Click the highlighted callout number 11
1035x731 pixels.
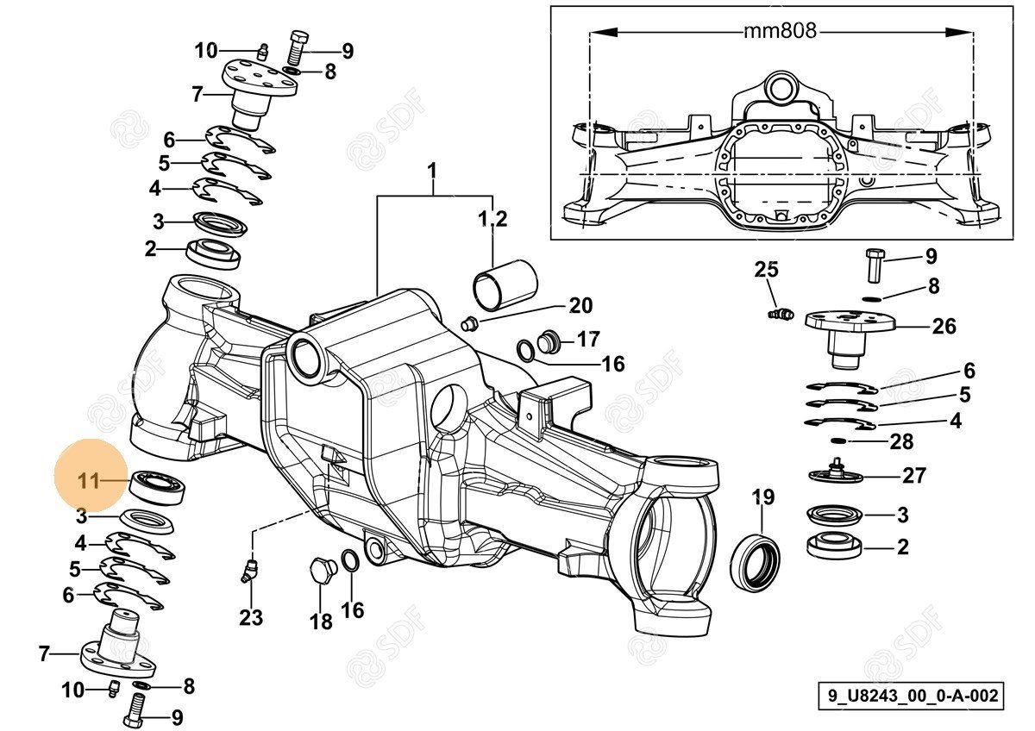(89, 481)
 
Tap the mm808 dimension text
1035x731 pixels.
(780, 32)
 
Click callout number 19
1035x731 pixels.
(762, 497)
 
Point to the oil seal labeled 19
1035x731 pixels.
(756, 563)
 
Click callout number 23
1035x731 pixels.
(251, 617)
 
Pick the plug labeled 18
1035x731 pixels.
(320, 572)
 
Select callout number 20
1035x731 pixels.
(580, 305)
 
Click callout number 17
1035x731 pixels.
(588, 339)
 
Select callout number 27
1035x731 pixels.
(914, 475)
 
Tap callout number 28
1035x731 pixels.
(901, 442)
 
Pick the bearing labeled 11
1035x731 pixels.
(158, 486)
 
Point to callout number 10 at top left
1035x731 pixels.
(206, 51)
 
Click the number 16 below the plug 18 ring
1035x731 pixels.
(353, 610)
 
